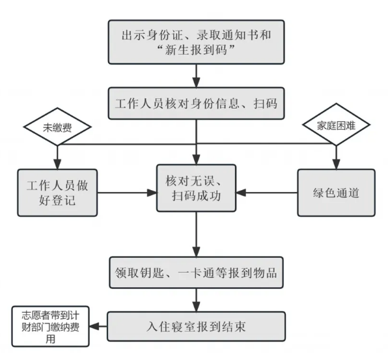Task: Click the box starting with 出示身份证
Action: coord(196,42)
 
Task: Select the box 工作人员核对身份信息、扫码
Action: coord(196,104)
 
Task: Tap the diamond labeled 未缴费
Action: coord(57,127)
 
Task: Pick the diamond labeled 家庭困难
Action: coord(337,124)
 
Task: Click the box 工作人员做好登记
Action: coord(57,193)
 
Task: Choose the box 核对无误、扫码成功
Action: coord(196,188)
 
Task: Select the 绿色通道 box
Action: coord(337,193)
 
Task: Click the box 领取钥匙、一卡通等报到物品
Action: coord(196,272)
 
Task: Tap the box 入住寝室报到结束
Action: coord(196,326)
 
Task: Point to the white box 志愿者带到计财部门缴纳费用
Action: coord(50,326)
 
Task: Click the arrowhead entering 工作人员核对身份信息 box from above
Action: coord(196,83)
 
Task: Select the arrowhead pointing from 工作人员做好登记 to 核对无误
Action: coord(152,193)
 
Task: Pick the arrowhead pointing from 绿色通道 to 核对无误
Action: coord(241,193)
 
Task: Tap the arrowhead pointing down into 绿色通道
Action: coord(337,164)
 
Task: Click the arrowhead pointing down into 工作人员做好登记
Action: coord(57,164)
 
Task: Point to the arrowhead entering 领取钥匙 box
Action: coord(196,252)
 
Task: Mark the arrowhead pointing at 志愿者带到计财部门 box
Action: coord(94,326)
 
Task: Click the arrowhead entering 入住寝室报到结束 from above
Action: coord(196,307)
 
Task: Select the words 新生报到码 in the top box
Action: coord(196,50)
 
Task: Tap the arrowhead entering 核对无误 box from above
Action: coord(196,159)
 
